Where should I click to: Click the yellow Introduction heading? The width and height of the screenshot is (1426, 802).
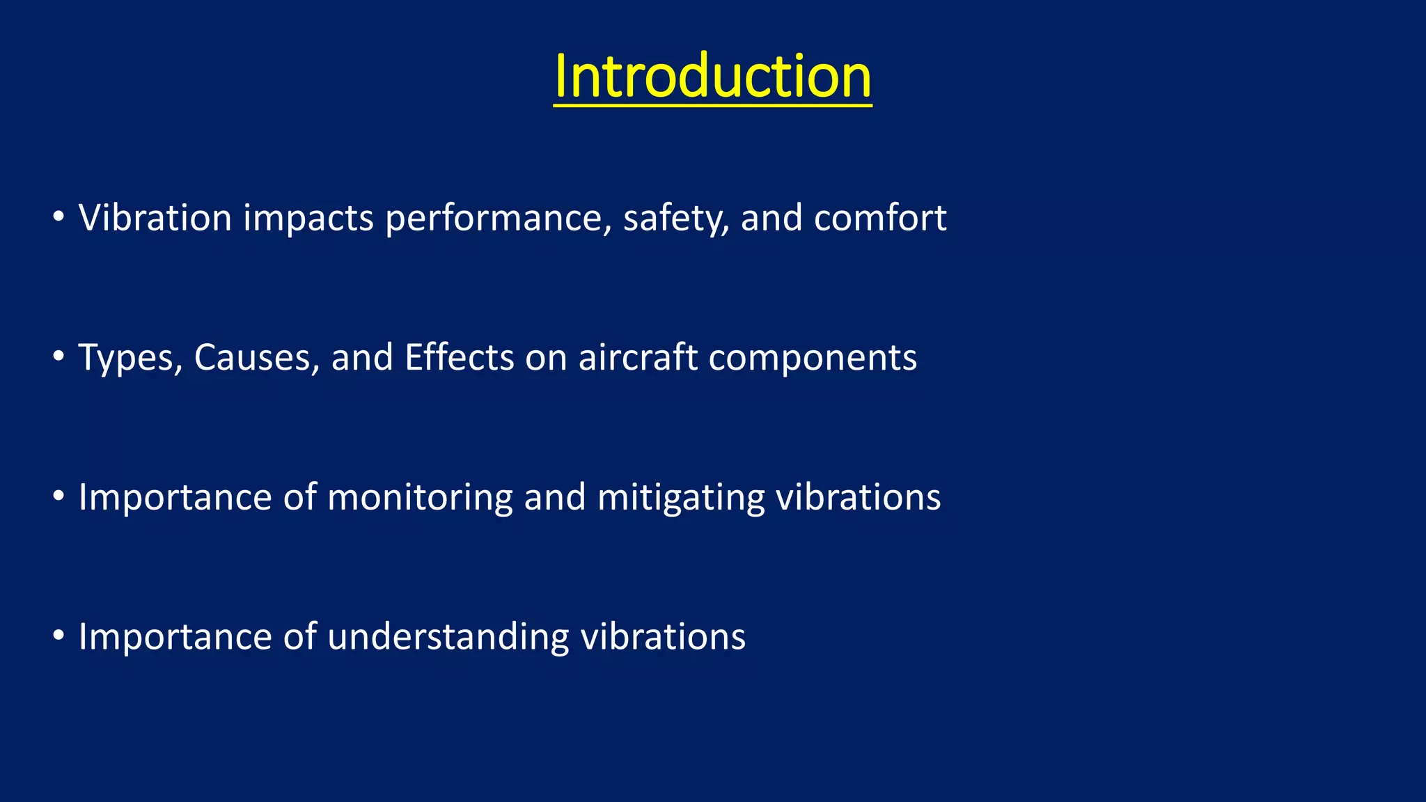[x=712, y=77]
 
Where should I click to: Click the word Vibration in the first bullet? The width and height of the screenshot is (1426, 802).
[x=155, y=218]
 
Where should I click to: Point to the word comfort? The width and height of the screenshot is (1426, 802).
[x=880, y=218]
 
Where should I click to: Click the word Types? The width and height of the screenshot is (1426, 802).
[x=130, y=359]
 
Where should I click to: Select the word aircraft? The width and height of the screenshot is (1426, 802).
[x=637, y=358]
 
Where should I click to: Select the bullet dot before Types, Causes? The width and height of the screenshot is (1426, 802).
[x=58, y=357]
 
